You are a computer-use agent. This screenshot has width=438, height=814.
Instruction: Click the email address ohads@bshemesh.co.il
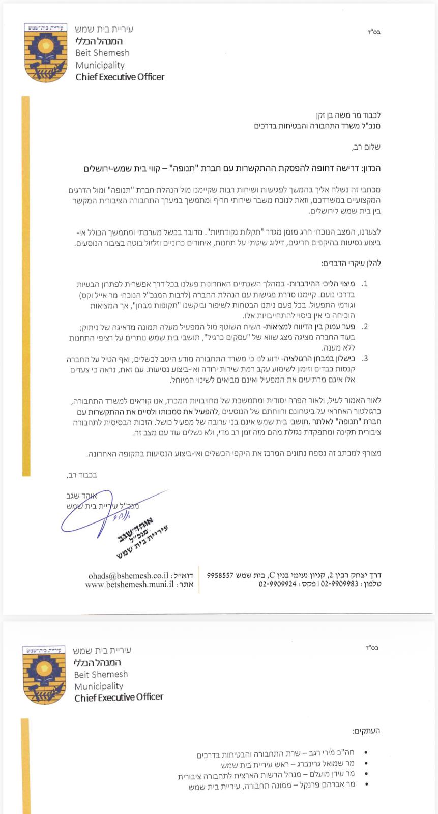point(128,575)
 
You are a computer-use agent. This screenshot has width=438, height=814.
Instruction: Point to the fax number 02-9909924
point(277,585)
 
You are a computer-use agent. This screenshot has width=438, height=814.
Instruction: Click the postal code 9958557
point(220,575)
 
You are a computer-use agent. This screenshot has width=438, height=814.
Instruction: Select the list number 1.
point(364,284)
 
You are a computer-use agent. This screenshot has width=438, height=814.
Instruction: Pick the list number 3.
point(364,358)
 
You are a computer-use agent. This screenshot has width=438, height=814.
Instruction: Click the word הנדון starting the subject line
point(370,168)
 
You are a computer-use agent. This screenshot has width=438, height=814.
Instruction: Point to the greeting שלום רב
point(366,147)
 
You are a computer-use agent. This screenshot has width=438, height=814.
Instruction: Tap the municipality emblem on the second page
point(44,674)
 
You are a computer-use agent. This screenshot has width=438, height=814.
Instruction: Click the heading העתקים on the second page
point(366,731)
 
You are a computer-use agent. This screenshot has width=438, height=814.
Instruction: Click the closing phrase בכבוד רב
point(82,475)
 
